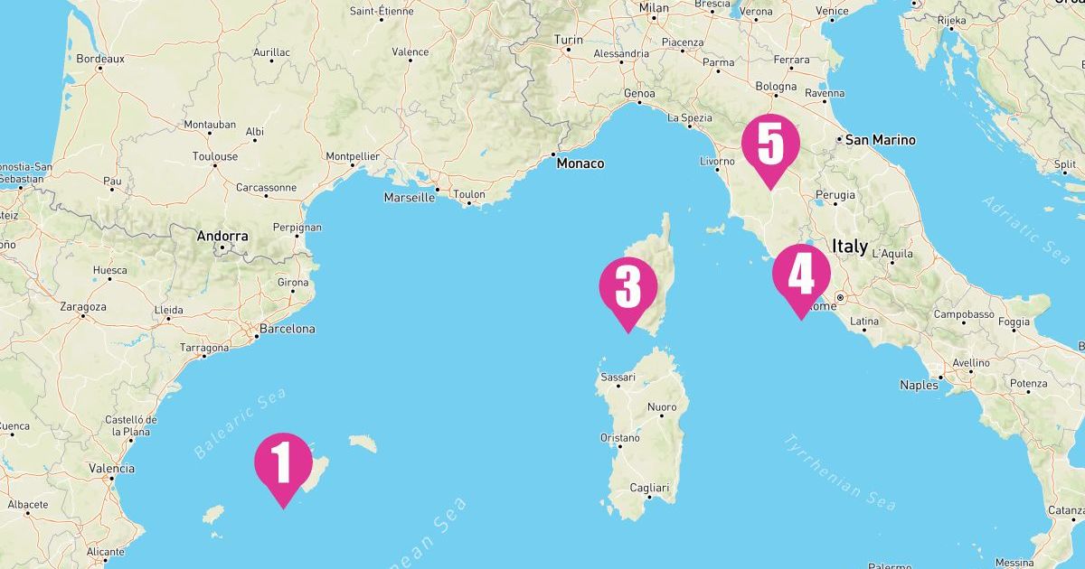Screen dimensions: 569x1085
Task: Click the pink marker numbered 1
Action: coord(283,462)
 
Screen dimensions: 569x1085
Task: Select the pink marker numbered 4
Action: coord(801,274)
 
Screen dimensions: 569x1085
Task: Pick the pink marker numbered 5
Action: coord(769,145)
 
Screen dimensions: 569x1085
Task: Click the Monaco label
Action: coord(580,163)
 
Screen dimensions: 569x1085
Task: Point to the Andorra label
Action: coord(222,236)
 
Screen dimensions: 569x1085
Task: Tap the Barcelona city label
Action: coord(287,329)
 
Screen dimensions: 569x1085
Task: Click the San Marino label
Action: coord(880,140)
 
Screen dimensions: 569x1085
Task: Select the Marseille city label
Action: coord(410,197)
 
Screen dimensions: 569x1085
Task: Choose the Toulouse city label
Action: coord(215,156)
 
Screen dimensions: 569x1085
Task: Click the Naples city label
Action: coord(919,385)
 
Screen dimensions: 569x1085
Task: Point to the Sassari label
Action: coord(618,375)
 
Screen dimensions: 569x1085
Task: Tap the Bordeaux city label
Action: coord(100,59)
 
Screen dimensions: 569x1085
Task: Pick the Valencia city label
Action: coord(112,468)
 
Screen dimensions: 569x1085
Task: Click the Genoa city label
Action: coord(639,93)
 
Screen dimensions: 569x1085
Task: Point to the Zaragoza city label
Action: coord(82,306)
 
